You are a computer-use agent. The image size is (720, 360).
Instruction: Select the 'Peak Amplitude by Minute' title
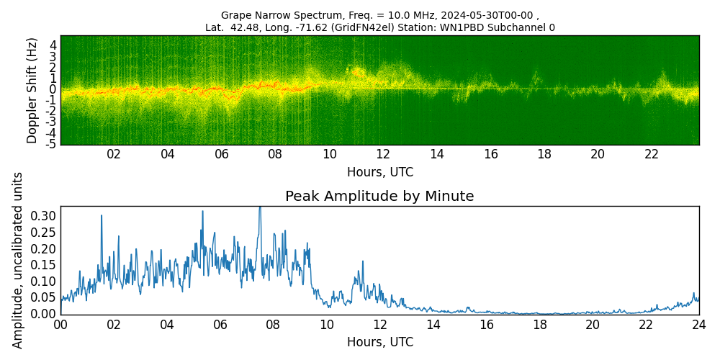coord(379,197)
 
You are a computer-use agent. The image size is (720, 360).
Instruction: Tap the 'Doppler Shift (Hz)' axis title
coord(32,90)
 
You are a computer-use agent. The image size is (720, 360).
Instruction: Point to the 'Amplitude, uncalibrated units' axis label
coord(18,260)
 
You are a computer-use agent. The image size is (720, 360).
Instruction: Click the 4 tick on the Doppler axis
coord(53,45)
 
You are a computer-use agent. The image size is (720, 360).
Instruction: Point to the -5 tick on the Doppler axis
coord(51,145)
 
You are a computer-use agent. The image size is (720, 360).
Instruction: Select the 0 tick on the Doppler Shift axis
coord(53,89)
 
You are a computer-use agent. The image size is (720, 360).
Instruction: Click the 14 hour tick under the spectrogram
coord(437,154)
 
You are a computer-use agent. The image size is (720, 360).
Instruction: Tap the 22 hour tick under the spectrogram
coord(652,154)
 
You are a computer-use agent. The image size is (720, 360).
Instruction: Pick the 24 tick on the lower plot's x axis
coord(698,325)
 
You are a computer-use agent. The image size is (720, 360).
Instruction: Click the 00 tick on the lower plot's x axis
coord(60,325)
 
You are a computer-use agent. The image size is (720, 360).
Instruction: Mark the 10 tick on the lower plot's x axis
coord(327,325)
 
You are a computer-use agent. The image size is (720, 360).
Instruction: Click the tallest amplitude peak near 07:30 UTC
coord(260,208)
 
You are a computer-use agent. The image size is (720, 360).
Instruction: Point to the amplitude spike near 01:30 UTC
coord(102,215)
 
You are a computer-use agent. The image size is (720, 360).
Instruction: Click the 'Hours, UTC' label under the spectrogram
coord(379,172)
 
